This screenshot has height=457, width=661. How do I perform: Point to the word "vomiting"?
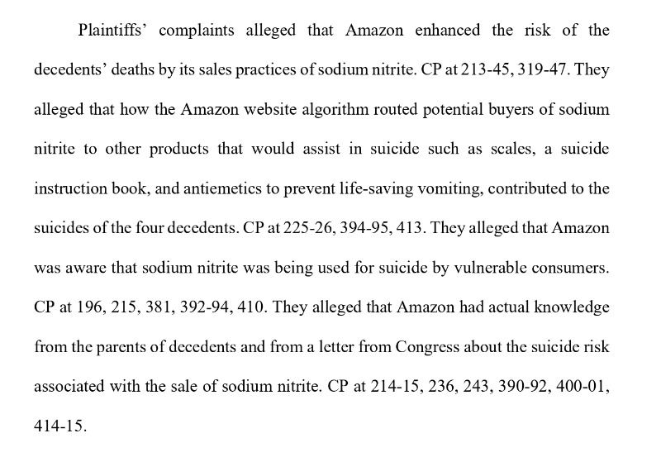[451, 188]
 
